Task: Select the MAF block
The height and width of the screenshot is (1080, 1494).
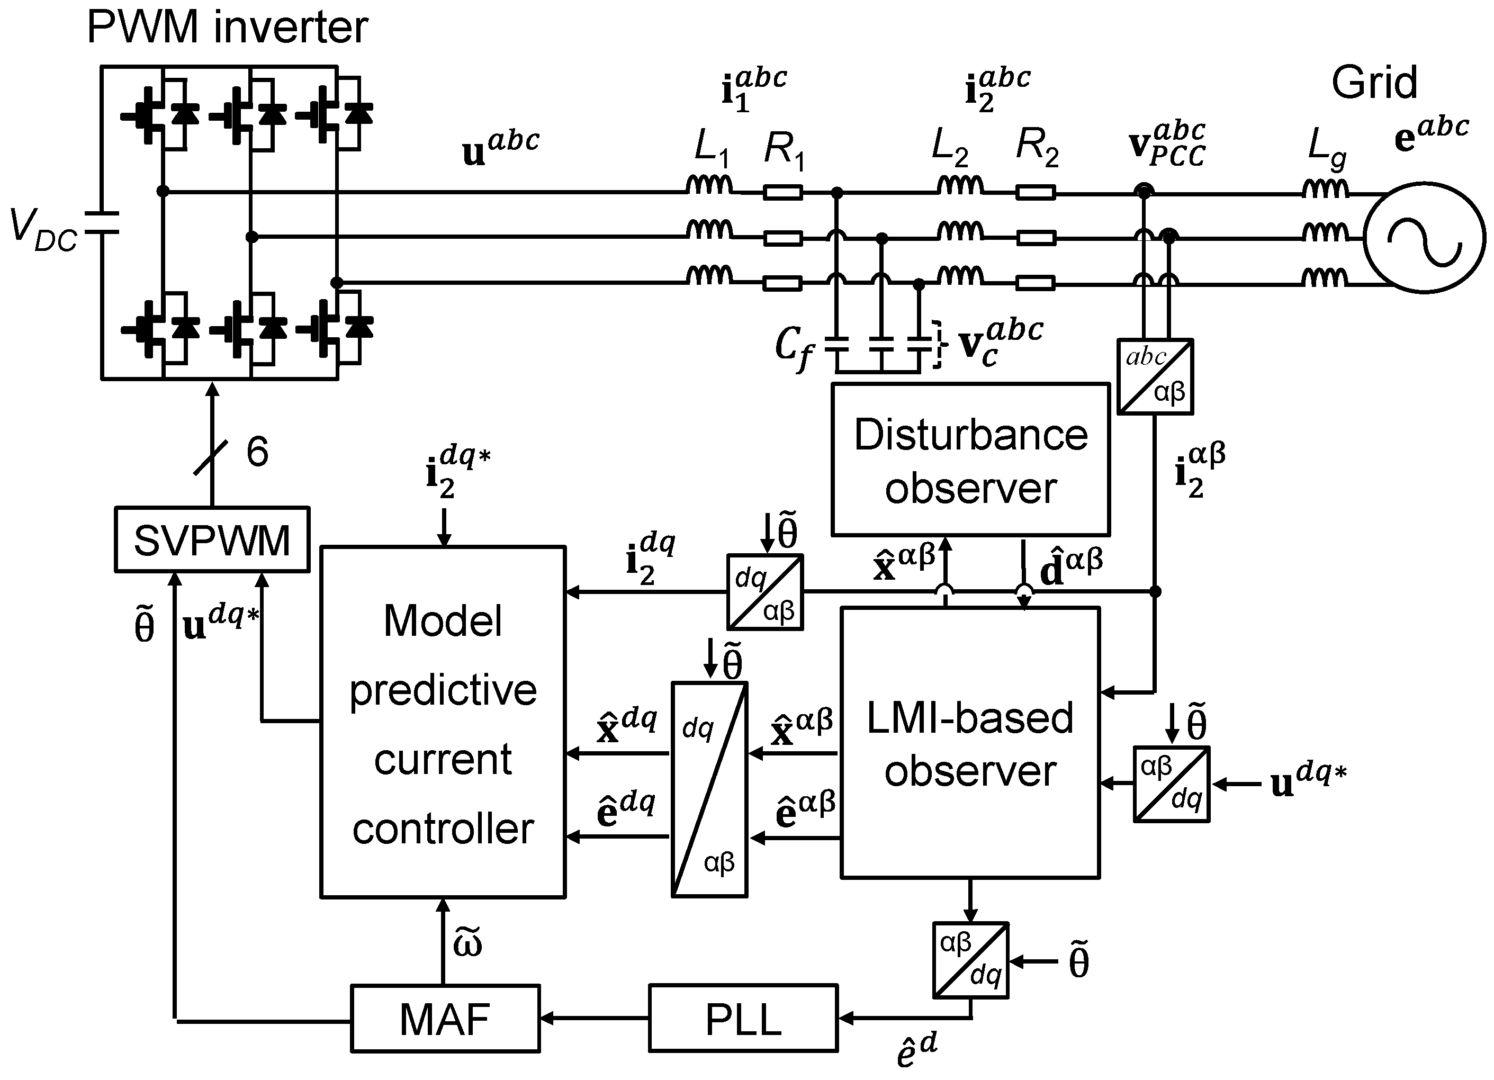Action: [x=445, y=1019]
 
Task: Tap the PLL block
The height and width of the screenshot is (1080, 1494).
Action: [x=743, y=1019]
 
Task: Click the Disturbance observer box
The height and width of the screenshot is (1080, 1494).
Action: [x=970, y=460]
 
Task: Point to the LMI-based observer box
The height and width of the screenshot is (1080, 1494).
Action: [x=970, y=743]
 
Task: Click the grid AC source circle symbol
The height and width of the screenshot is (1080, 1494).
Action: [x=1424, y=238]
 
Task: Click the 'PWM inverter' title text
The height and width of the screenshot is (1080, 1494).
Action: [x=227, y=27]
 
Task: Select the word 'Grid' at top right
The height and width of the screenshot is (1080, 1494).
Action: [x=1374, y=83]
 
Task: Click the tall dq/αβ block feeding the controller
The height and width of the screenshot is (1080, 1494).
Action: [x=709, y=789]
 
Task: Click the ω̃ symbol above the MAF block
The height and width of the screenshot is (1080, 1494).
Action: [x=467, y=943]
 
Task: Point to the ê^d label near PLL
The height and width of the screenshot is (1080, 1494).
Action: [x=916, y=1050]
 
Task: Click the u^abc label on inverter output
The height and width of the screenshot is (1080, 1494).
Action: [x=501, y=148]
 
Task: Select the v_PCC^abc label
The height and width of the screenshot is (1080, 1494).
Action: [x=1167, y=143]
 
